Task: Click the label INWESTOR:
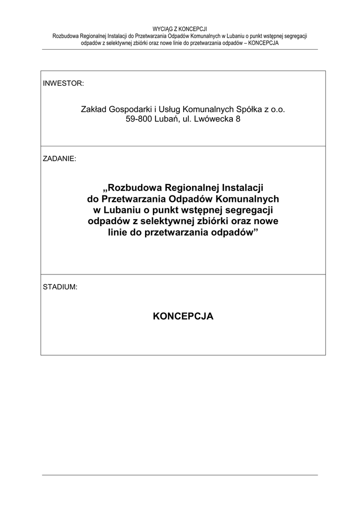[64, 83]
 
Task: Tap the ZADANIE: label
[60, 159]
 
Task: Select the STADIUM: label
[60, 287]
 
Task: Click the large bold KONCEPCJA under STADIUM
[183, 316]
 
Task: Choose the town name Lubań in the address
[169, 119]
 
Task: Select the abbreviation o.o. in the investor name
[278, 109]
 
